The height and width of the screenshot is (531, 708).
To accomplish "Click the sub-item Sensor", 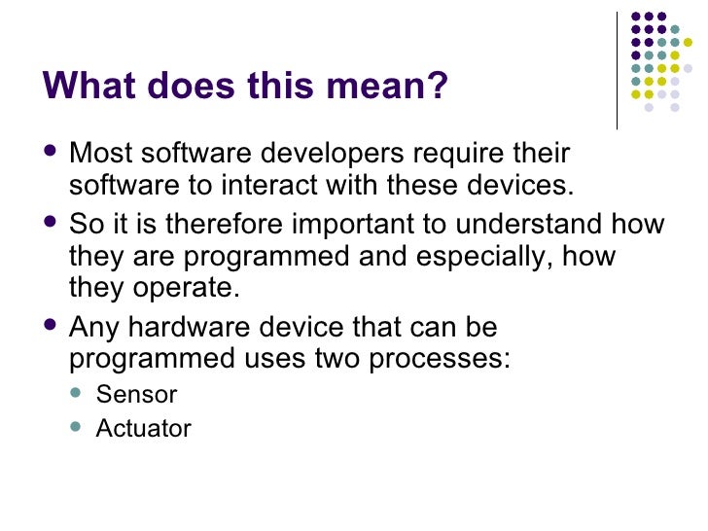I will click(x=136, y=395).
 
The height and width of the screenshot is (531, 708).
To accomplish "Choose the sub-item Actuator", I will click(x=143, y=428).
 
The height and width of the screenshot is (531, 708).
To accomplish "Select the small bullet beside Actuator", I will click(x=80, y=427).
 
